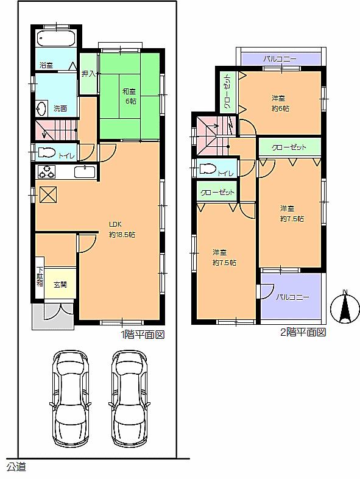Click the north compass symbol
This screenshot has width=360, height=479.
344,308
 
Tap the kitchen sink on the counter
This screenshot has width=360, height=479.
85,171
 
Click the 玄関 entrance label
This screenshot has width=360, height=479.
60,284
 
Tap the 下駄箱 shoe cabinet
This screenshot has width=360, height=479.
40,281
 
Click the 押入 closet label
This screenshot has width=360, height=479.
88,74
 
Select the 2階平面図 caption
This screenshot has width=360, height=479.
303,332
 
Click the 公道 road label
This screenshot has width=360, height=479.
16,467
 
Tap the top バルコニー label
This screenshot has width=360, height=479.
280,59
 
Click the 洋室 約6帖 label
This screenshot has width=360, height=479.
280,102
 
